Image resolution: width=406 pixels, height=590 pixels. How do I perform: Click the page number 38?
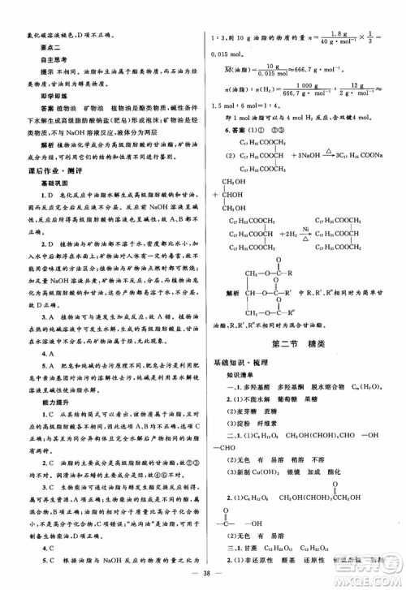click(202, 573)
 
